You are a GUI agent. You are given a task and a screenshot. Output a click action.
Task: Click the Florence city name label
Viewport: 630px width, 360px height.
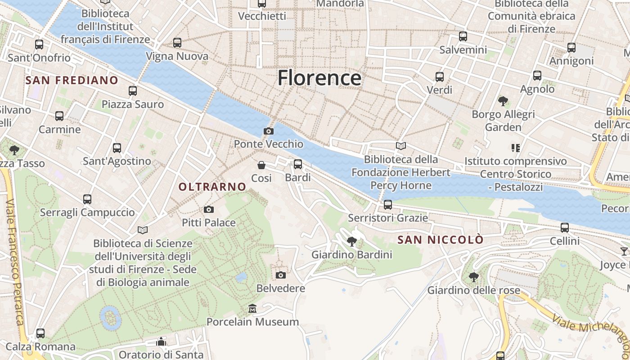pos(319,78)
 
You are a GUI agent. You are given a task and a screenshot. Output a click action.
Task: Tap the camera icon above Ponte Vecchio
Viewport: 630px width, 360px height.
pos(268,131)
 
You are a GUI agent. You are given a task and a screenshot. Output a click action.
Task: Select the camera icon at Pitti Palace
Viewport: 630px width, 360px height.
pos(208,209)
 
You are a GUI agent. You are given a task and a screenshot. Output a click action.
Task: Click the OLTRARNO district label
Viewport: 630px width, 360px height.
pos(212,187)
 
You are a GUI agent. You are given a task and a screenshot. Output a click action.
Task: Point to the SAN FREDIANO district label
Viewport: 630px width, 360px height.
pos(72,81)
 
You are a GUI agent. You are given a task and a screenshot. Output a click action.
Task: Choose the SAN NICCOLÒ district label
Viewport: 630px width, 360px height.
pos(440,240)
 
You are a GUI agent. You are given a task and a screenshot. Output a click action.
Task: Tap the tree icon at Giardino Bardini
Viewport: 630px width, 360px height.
pos(352,242)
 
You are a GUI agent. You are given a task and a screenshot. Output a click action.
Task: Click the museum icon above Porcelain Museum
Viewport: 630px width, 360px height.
pos(252,309)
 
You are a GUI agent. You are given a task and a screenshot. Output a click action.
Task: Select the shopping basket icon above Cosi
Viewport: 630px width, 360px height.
pos(261,165)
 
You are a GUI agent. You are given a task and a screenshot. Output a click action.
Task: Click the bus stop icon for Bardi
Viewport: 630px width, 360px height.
pos(297,164)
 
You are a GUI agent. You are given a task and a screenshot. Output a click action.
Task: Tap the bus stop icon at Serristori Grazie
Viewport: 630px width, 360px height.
pos(387,205)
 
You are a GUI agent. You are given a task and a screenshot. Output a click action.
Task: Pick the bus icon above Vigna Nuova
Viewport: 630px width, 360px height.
pos(177,43)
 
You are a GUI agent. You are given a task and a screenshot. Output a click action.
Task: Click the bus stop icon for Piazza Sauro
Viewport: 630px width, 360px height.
pos(132,91)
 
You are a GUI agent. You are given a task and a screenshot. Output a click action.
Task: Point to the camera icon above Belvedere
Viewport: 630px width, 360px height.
pos(280,275)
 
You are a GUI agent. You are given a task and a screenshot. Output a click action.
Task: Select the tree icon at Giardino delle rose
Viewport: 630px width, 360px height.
pos(473,277)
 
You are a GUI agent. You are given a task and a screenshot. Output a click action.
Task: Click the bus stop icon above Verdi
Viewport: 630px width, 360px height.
pos(439,77)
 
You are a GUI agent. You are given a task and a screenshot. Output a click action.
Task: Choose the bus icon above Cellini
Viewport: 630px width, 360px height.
pos(564,228)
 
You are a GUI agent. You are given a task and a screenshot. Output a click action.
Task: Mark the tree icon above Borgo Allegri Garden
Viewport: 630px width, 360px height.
pos(503,101)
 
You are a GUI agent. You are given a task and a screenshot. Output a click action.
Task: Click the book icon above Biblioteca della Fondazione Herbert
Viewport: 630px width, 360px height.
pos(400,146)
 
